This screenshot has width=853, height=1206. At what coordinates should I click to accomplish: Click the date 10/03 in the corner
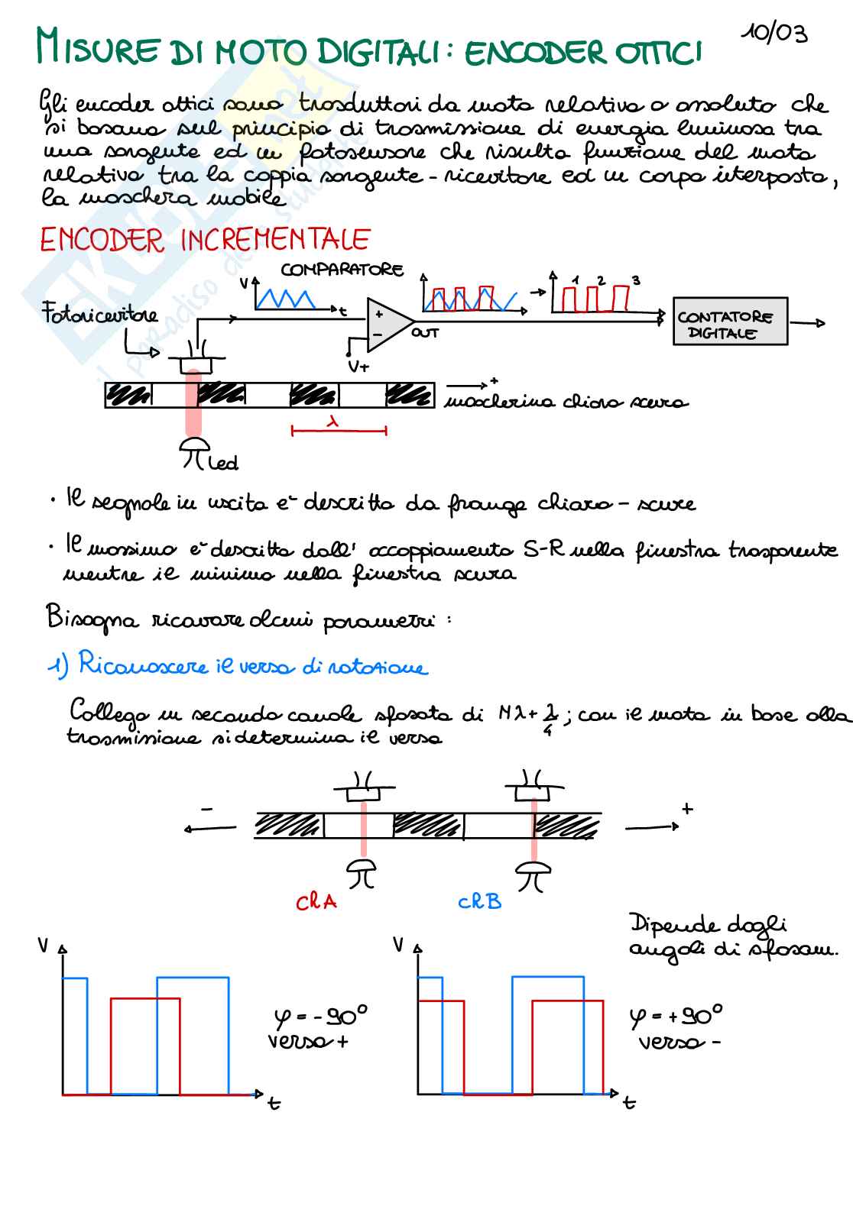pos(774,33)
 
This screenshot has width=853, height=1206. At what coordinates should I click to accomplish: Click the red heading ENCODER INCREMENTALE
pos(204,241)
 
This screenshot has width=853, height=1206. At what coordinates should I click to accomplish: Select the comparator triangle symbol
pos(388,320)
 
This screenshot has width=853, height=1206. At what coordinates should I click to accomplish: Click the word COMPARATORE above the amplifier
pos(341,270)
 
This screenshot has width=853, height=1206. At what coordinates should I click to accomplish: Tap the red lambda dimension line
pos(339,430)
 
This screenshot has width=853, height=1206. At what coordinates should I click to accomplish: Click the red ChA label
pos(316,902)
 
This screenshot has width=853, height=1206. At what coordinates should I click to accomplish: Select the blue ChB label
pos(479,902)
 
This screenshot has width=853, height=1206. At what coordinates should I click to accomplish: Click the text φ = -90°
pos(320,1016)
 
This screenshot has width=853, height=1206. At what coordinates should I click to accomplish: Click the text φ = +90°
pos(676,1016)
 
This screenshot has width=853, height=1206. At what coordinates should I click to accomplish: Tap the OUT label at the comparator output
pos(426,333)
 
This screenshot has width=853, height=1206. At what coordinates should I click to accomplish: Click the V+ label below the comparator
pos(358,366)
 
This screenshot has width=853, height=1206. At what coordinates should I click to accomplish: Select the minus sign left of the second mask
pos(206,809)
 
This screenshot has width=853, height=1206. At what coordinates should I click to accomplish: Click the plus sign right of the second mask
pos(686,809)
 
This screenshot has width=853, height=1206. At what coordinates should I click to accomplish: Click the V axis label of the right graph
pos(398,945)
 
